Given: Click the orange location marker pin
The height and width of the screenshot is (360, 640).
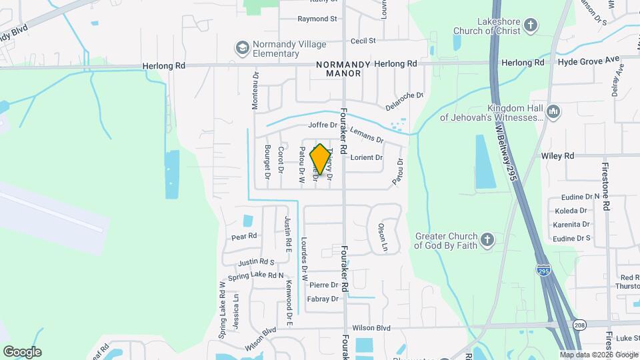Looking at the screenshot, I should tap(320, 159).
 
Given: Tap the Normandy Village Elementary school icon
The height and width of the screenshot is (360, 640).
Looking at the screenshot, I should tap(242, 48).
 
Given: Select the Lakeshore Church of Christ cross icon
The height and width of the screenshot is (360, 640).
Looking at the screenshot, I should tap(530, 25).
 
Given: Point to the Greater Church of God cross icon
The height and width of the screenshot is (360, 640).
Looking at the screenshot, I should tap(487, 240).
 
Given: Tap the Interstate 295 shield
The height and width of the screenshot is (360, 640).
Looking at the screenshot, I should tap(543, 271).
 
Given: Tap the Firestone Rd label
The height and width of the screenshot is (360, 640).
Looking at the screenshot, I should tap(606, 186).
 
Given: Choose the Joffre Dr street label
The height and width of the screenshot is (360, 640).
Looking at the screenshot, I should tap(324, 125).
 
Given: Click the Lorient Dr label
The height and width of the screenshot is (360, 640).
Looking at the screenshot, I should tap(367, 158).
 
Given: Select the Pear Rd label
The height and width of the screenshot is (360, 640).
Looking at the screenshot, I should tap(243, 237).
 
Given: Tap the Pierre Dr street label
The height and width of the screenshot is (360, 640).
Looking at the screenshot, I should tap(325, 285).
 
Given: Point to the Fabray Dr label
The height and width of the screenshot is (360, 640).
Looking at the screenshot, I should tap(323, 299).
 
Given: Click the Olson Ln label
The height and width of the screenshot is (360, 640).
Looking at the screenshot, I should tap(383, 236).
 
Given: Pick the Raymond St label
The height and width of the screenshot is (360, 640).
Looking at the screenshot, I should tap(317, 19).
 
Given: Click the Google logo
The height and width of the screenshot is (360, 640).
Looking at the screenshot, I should tap(22, 351).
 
